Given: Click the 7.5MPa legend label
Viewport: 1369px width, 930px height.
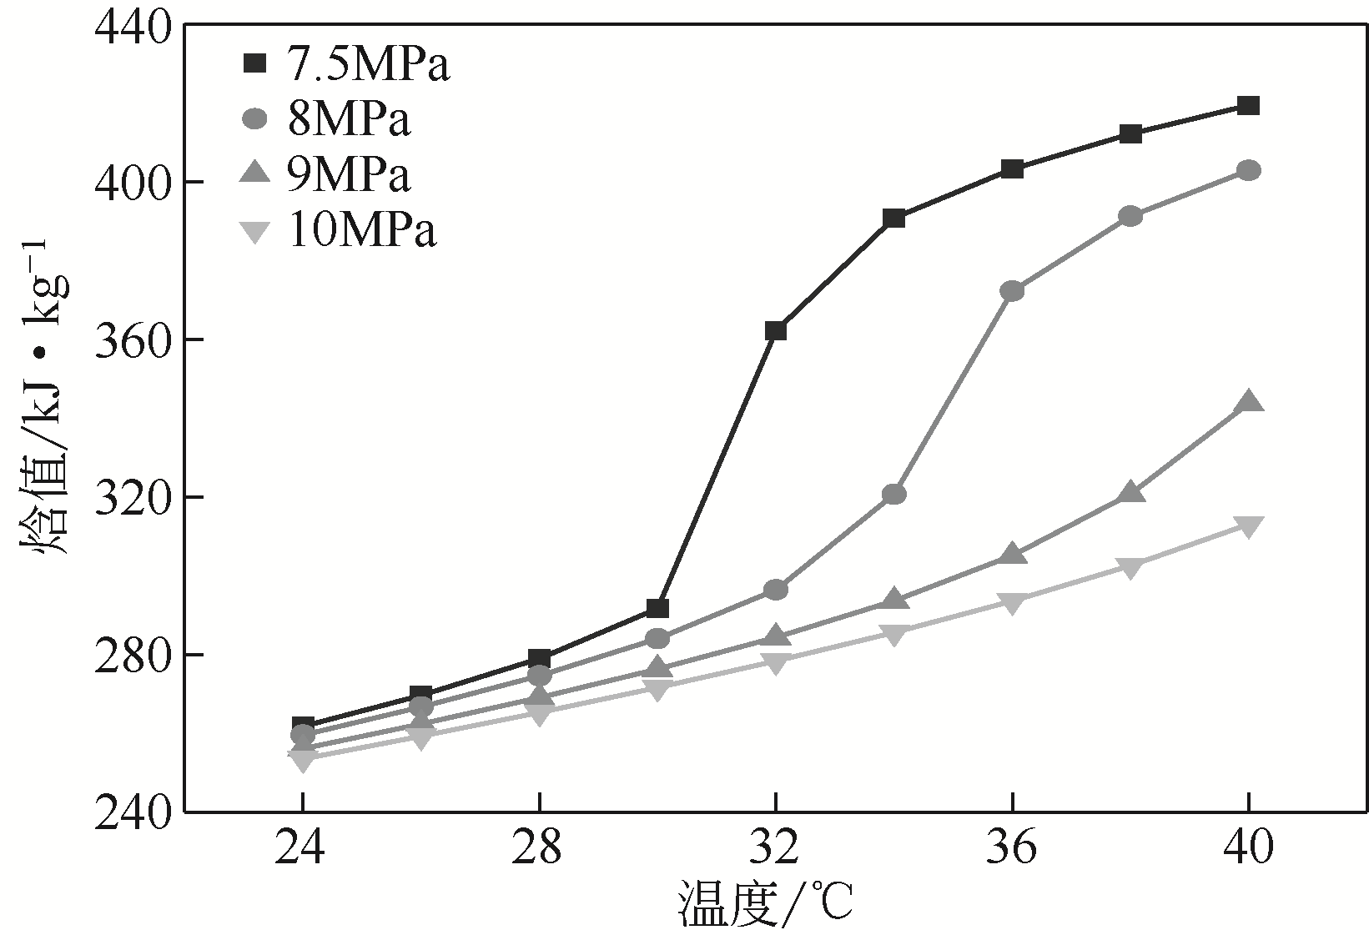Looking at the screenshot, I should pyautogui.click(x=369, y=65).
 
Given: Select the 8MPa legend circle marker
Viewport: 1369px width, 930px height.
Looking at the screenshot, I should pyautogui.click(x=254, y=120).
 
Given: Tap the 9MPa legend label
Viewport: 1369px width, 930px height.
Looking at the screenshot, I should pyautogui.click(x=349, y=175).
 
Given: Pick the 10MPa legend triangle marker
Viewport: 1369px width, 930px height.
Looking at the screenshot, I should pyautogui.click(x=254, y=231).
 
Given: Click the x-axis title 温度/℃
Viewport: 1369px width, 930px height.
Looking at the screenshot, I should pyautogui.click(x=766, y=905).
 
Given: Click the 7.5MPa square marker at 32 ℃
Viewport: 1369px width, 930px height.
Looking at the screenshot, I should pyautogui.click(x=775, y=331).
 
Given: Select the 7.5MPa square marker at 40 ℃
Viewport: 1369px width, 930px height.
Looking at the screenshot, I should pyautogui.click(x=1248, y=106).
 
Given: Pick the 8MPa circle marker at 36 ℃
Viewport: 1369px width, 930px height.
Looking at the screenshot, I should pyautogui.click(x=1012, y=291).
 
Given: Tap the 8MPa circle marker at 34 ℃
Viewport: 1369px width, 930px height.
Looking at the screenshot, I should pyautogui.click(x=893, y=495).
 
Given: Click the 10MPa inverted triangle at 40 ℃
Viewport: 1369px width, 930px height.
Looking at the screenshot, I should pyautogui.click(x=1248, y=526).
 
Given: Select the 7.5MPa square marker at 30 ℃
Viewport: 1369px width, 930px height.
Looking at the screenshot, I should pyautogui.click(x=657, y=609).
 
